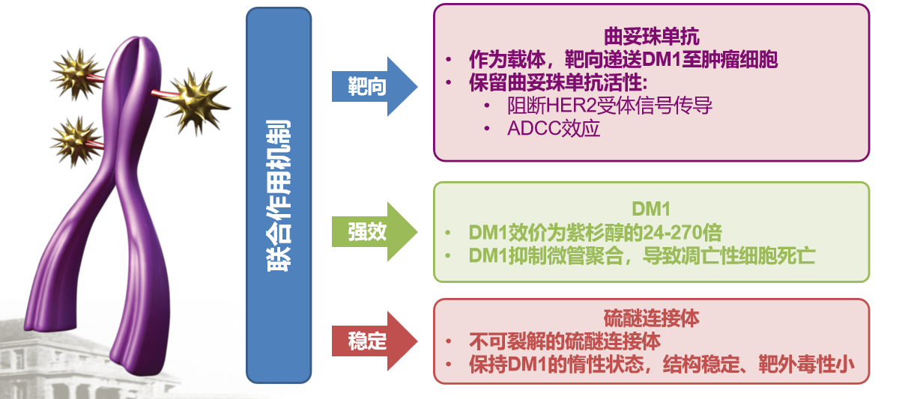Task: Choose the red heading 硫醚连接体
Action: tap(651, 319)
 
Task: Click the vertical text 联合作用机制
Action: tap(278, 194)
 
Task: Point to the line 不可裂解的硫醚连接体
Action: tap(565, 341)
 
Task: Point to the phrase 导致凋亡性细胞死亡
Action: tap(737, 255)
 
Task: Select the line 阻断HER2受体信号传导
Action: tap(608, 106)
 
